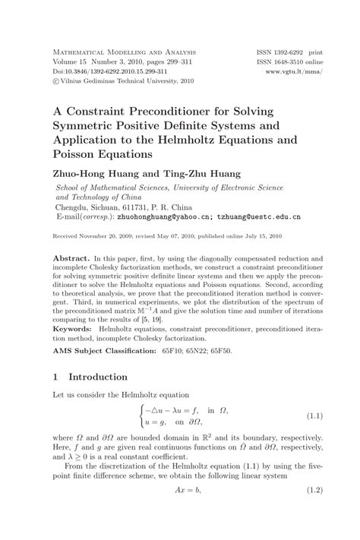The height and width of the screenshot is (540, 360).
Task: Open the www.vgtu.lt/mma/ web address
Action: click(x=300, y=74)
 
